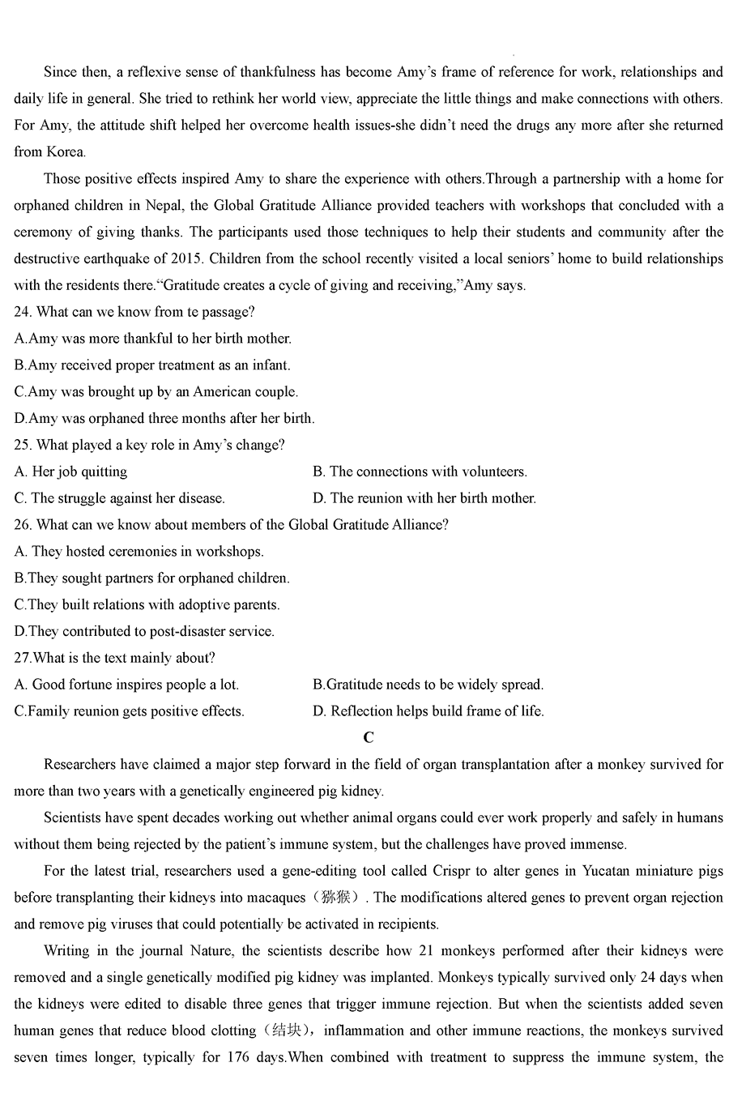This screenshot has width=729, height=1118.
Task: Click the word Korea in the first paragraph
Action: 66,151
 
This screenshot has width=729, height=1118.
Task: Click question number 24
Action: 23,312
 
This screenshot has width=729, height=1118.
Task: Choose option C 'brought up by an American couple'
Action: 156,391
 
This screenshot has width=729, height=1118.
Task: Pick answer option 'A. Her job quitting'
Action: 70,472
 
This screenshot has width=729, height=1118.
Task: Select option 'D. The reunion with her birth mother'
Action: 424,498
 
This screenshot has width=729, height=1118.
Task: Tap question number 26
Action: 23,524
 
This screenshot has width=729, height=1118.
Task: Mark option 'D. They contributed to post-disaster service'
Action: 144,631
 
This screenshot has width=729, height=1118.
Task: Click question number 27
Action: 23,658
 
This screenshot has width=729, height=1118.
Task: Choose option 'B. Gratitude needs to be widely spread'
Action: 428,685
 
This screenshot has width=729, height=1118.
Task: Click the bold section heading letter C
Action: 369,737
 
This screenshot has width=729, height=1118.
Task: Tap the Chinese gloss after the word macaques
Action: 339,898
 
